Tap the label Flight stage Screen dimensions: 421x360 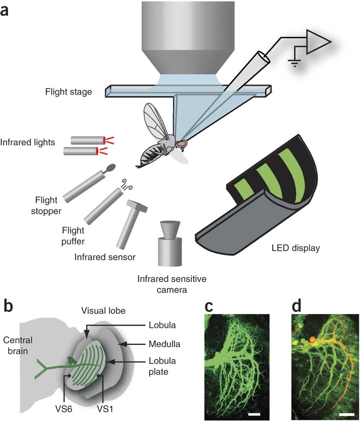coord(68,92)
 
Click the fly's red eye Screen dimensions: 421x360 coord(182,144)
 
